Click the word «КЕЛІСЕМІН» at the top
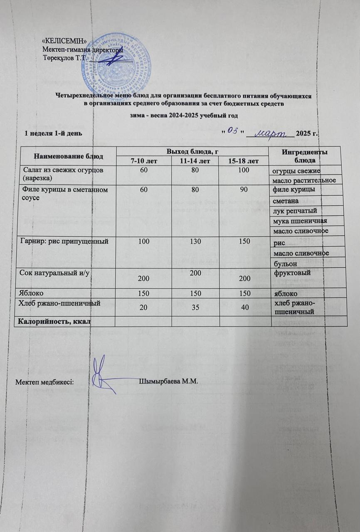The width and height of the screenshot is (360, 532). click(64, 41)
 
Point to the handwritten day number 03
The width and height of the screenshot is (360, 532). click(233, 132)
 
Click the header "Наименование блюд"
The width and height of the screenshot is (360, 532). click(66, 156)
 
